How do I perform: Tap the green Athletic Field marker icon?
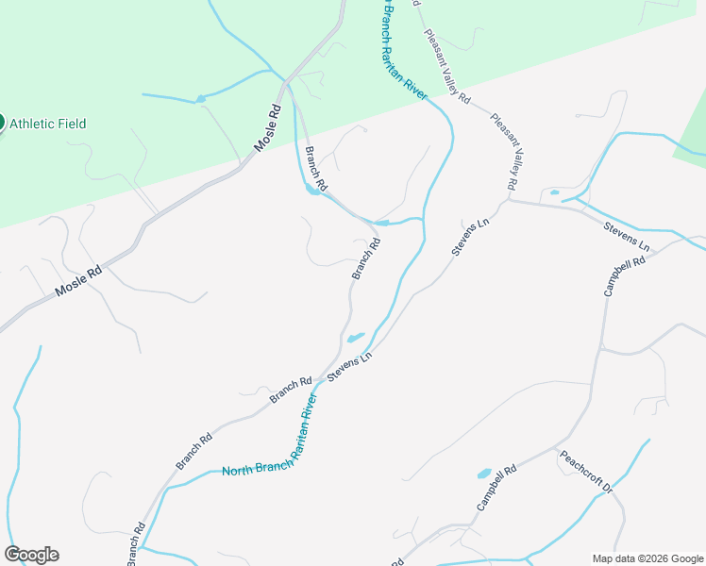(1, 123)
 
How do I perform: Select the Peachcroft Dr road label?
(586, 472)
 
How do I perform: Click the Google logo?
(31, 555)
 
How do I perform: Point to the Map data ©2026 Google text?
(647, 558)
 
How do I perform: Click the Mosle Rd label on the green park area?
(269, 127)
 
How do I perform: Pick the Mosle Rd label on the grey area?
(77, 279)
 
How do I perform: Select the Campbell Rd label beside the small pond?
(496, 487)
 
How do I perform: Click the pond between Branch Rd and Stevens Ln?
(355, 338)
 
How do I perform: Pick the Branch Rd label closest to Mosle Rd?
(315, 168)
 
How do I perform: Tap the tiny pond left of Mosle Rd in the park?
(199, 97)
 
